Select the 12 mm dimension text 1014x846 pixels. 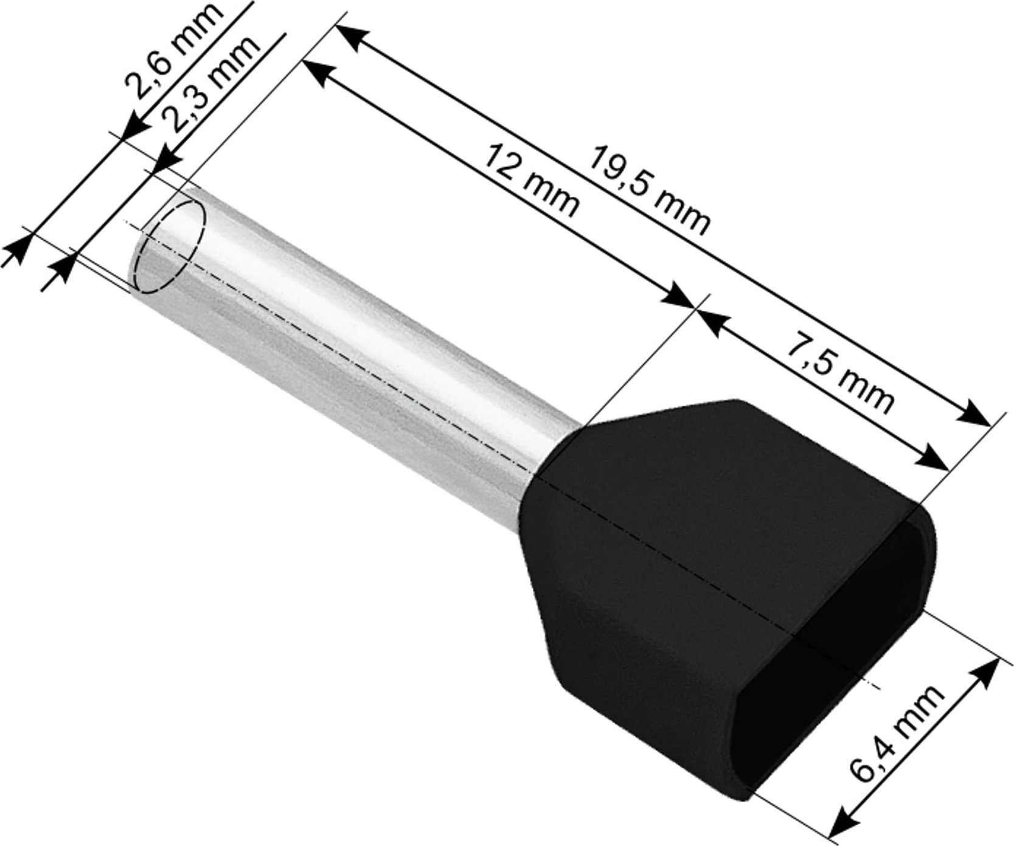tap(529, 182)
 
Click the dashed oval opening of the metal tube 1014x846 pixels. tap(168, 246)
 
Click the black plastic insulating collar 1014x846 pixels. tap(669, 547)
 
